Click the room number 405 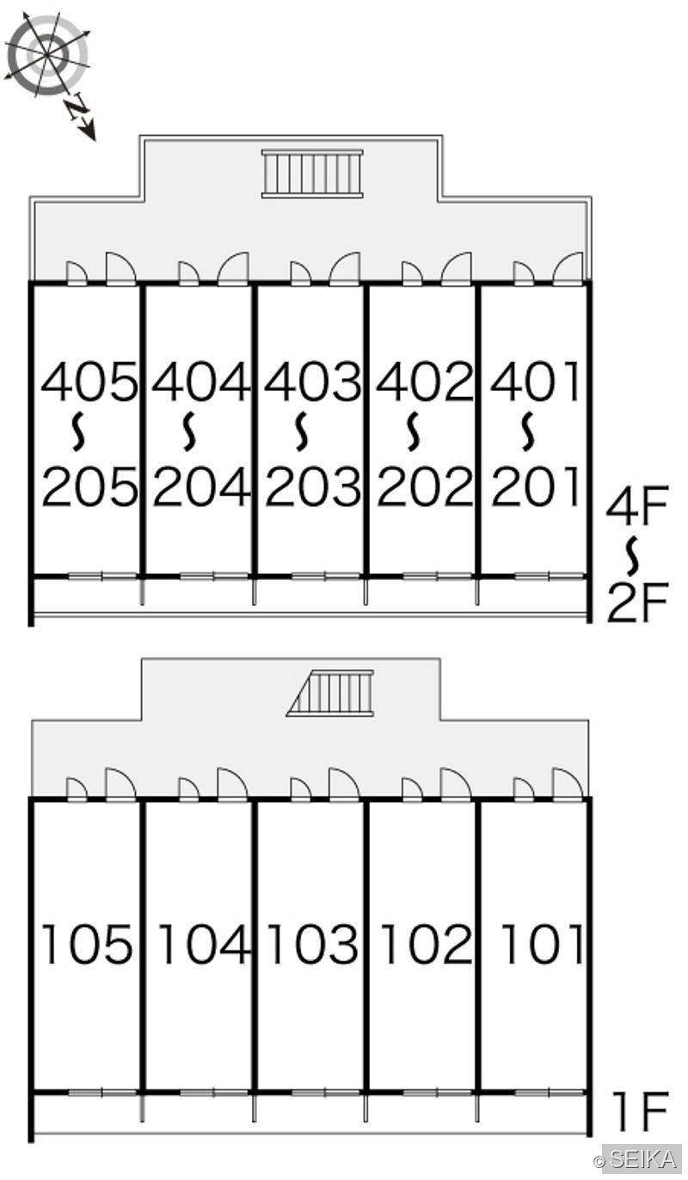tap(89, 381)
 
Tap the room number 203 tap(313, 486)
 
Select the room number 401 tap(535, 381)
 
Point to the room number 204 tap(201, 486)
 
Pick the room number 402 tap(424, 381)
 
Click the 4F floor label tap(637, 506)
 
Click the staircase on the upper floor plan tap(313, 174)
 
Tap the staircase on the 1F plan tap(330, 694)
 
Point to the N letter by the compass tap(77, 108)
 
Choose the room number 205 tap(89, 486)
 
